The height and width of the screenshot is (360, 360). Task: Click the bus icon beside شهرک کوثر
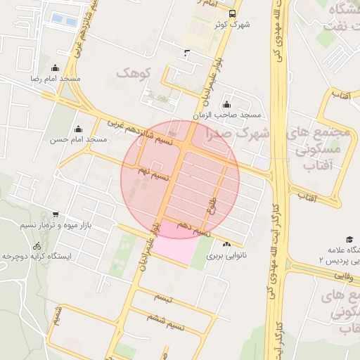click(x=233, y=13)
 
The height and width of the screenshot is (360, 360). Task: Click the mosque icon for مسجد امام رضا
click(x=55, y=69)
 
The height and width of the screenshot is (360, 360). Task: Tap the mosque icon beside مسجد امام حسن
click(x=77, y=129)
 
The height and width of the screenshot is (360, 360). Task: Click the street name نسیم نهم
click(x=154, y=171)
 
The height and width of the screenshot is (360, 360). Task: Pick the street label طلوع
click(x=212, y=205)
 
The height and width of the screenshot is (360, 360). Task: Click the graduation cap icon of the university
click(x=349, y=240)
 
